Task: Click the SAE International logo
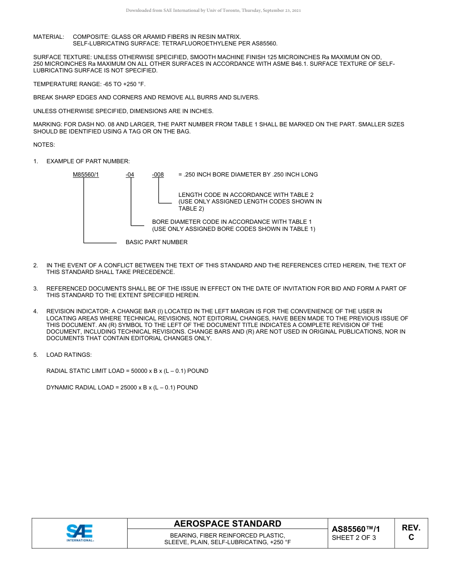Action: [x=79, y=533]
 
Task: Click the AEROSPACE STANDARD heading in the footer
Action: [x=227, y=524]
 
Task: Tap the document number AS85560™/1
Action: [x=355, y=529]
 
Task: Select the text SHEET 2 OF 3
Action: [x=354, y=538]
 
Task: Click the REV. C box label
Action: [x=411, y=532]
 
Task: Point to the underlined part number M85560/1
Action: [x=86, y=175]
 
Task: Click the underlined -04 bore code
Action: [x=130, y=175]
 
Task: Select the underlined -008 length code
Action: [x=158, y=175]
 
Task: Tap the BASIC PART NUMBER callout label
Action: [x=156, y=242]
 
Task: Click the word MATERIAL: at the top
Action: [x=48, y=36]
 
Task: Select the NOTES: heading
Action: [x=44, y=145]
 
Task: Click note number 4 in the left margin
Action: [x=35, y=311]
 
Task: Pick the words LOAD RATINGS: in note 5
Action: [x=69, y=355]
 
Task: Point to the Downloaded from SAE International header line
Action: [x=213, y=10]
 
